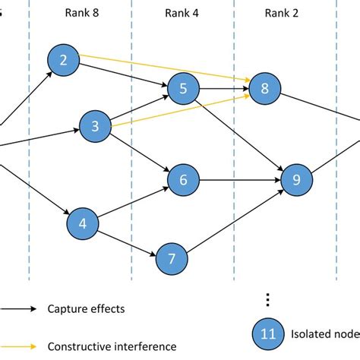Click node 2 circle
coord(63,61)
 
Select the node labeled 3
coord(95,127)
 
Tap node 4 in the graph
coord(83,223)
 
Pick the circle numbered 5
coord(182,90)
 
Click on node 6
coord(183,180)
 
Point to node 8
coord(264,89)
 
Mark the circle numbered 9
coord(296,180)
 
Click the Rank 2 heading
coord(283,13)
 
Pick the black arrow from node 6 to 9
coord(239,180)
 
